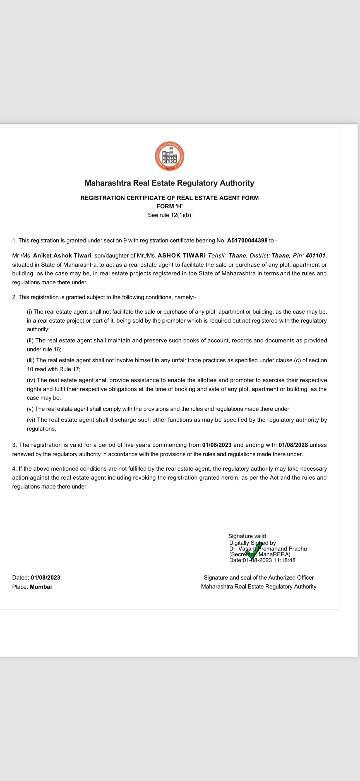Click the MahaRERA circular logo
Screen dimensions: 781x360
(169, 156)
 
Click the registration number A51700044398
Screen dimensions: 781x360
(247, 241)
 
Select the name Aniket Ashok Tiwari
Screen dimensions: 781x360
(62, 256)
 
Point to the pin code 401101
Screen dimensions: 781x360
(315, 256)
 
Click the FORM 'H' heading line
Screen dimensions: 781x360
(169, 206)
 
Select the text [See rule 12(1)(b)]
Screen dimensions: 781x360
(169, 215)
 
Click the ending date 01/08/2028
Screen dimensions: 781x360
(293, 445)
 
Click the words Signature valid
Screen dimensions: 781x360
(247, 536)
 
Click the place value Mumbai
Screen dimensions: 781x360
(41, 587)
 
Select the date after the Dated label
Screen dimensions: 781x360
(45, 578)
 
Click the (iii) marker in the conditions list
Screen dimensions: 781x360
(31, 360)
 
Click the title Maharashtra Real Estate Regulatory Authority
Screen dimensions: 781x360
(169, 183)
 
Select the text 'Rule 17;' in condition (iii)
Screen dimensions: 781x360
(69, 369)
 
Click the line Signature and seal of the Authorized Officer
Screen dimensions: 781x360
(258, 578)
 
